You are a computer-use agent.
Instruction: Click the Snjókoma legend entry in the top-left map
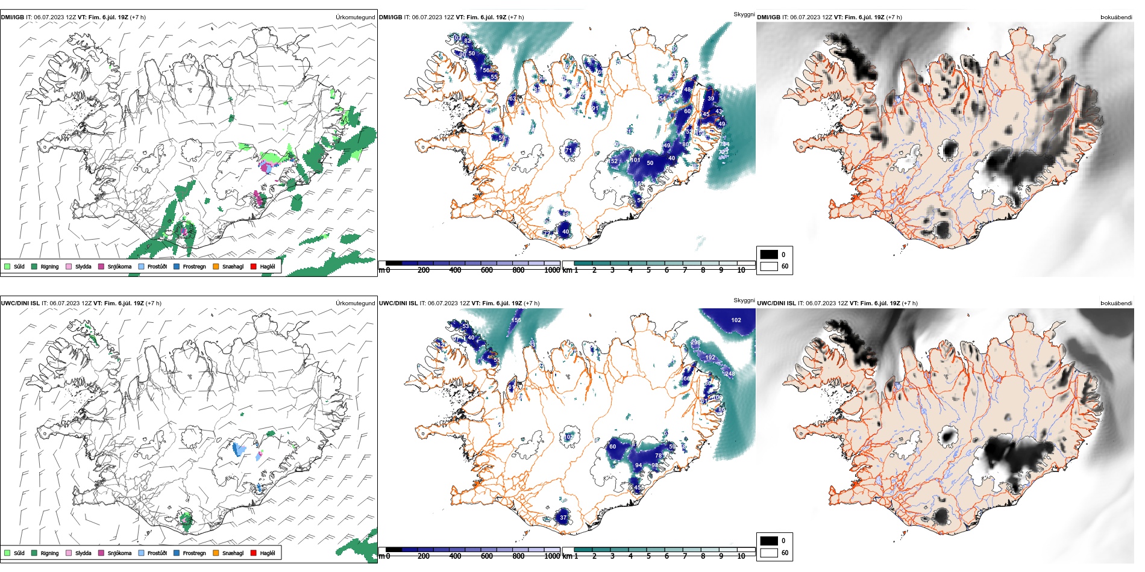click(119, 266)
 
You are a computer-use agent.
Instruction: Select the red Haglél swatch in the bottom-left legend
click(254, 553)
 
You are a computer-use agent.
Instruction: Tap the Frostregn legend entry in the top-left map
click(193, 266)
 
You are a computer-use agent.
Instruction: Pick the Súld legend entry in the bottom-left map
click(19, 553)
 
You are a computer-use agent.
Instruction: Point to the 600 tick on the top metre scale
click(486, 270)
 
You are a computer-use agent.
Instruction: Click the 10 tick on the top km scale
click(741, 270)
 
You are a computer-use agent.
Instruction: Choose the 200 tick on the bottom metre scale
click(424, 556)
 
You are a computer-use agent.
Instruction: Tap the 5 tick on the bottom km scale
click(648, 556)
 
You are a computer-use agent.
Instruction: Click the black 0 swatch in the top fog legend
click(769, 254)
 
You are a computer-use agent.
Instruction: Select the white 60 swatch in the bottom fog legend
click(769, 553)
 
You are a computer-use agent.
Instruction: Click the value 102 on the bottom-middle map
click(736, 320)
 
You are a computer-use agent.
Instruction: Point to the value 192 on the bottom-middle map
click(711, 358)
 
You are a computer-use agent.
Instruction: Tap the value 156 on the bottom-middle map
click(516, 320)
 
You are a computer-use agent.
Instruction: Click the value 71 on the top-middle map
click(568, 151)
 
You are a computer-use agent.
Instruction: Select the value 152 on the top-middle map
click(613, 161)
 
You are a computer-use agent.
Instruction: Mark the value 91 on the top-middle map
click(595, 108)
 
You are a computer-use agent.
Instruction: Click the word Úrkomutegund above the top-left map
click(355, 17)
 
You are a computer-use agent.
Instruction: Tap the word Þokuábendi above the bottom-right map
click(1116, 303)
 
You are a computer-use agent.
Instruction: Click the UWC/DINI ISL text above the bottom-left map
click(20, 303)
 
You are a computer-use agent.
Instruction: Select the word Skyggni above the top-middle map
click(744, 14)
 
